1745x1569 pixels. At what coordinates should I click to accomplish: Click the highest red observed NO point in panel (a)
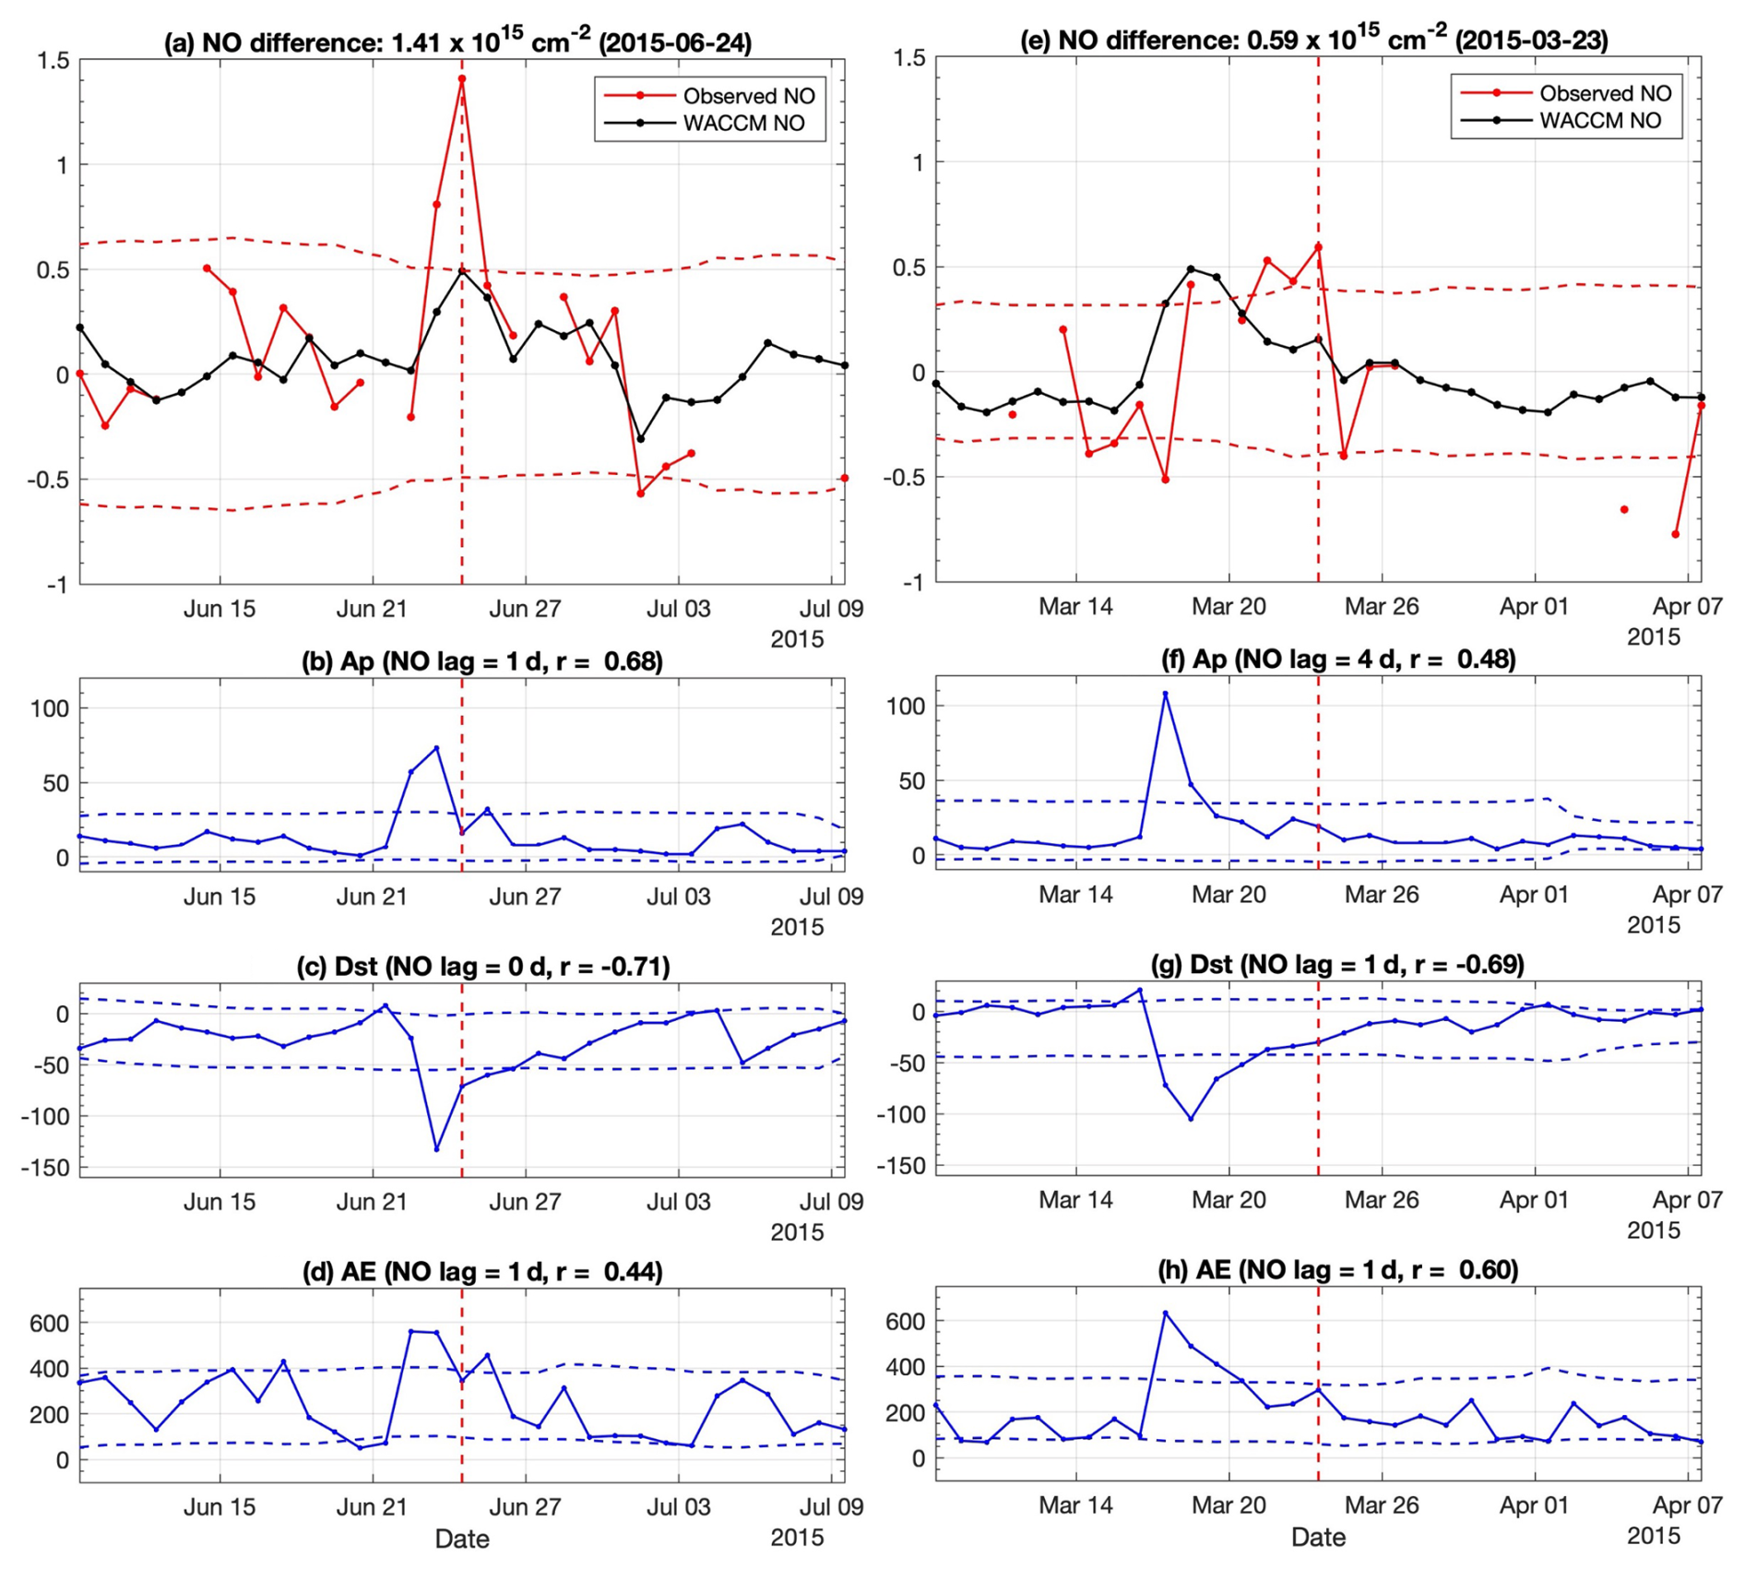point(462,79)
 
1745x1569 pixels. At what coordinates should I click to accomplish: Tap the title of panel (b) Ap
point(481,661)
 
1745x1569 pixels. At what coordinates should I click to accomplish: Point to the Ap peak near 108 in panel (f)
point(1165,694)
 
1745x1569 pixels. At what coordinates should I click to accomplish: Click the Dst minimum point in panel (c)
point(436,1149)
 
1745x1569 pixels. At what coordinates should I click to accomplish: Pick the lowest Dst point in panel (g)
point(1191,1119)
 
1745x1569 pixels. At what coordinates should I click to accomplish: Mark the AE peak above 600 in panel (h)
point(1165,1313)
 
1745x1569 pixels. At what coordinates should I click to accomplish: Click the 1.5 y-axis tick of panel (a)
point(53,61)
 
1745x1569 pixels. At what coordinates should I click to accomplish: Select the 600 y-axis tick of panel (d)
point(49,1323)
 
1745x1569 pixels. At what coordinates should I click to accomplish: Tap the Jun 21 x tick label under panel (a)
point(372,610)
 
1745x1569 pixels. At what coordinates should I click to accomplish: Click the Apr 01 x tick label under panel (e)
point(1534,607)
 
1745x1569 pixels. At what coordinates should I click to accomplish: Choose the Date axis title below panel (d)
point(462,1539)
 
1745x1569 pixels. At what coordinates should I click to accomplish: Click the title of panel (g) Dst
point(1337,965)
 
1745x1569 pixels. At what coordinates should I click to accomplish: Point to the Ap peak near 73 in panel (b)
point(436,748)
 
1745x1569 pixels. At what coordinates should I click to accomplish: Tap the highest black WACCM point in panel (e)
point(1191,269)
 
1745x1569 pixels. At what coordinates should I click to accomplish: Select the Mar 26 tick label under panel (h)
point(1381,1505)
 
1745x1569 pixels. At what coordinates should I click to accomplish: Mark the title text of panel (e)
point(1313,41)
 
